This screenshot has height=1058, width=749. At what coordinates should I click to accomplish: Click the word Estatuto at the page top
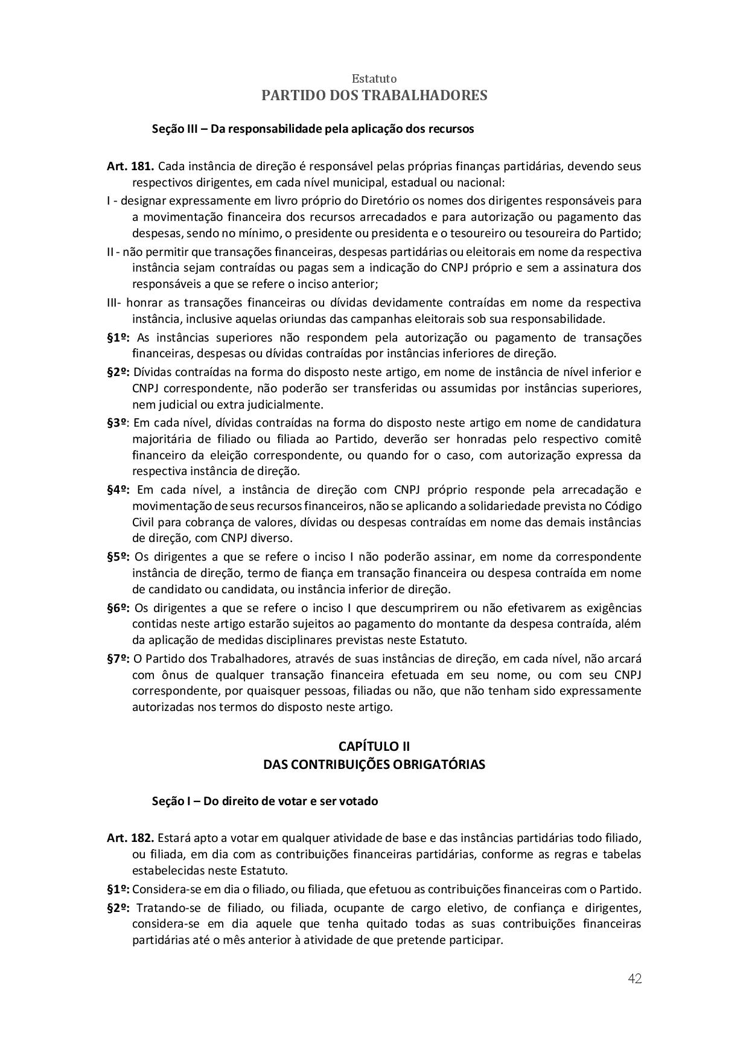click(374, 78)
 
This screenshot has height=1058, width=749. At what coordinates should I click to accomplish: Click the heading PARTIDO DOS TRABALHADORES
click(374, 95)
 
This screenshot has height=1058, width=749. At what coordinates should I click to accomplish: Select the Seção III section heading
click(313, 129)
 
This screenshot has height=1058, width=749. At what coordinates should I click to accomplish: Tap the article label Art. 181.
click(130, 166)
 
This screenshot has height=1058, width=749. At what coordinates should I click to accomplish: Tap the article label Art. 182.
click(130, 838)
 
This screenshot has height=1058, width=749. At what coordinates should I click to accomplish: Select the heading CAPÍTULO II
click(374, 747)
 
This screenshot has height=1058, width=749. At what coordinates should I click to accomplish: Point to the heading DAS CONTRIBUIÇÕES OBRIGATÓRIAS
click(374, 764)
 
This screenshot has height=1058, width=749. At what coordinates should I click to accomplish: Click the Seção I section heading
click(265, 801)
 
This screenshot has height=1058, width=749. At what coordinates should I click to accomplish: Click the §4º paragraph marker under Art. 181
click(118, 489)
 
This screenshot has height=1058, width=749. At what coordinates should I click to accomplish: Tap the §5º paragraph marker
click(118, 556)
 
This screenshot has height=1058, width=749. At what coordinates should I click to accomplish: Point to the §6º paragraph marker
click(118, 608)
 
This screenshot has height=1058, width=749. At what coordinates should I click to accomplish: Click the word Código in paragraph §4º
click(623, 505)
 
